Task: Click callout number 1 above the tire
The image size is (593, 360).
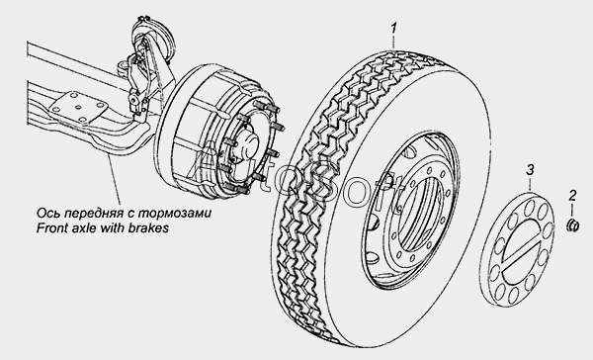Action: (x=394, y=29)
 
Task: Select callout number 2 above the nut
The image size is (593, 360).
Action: (x=572, y=196)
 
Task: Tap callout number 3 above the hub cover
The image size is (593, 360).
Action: (x=530, y=169)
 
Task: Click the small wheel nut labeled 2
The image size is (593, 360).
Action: (x=572, y=225)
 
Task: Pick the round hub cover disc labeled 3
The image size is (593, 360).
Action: (x=519, y=248)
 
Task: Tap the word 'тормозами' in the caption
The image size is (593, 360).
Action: (x=175, y=214)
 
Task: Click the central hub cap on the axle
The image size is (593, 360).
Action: (x=247, y=146)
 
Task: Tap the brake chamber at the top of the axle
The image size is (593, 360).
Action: (x=156, y=37)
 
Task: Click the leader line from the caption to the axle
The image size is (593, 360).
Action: (x=115, y=180)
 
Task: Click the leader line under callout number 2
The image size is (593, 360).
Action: (x=572, y=210)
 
